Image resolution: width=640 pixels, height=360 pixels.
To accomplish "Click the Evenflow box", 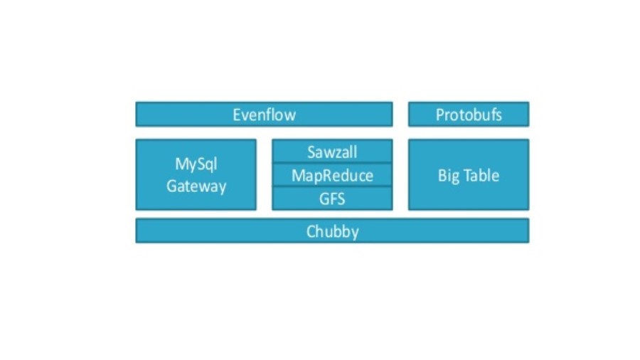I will (264, 115).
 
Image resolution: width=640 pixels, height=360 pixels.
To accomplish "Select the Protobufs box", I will (468, 115).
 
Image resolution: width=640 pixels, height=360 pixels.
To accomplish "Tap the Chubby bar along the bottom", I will (332, 231).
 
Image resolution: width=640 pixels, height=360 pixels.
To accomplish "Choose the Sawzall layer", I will (332, 152).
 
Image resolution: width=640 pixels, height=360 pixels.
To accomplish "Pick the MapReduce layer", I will (332, 175).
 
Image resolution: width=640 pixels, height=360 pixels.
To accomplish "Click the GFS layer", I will (332, 198).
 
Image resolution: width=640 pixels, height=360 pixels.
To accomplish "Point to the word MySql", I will (196, 164).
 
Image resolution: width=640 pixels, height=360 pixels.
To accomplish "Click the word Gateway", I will (196, 186).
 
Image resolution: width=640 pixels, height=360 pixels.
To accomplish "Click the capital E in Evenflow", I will (237, 115).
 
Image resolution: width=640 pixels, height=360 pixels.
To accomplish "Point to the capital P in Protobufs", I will (440, 115).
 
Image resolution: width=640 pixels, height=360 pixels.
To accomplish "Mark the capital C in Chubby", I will (311, 231).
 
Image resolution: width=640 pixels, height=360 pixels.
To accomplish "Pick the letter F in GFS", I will (332, 198).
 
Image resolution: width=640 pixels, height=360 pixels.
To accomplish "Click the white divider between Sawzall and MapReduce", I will (332, 163).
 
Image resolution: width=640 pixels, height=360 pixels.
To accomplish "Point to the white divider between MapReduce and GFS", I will (332, 186).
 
